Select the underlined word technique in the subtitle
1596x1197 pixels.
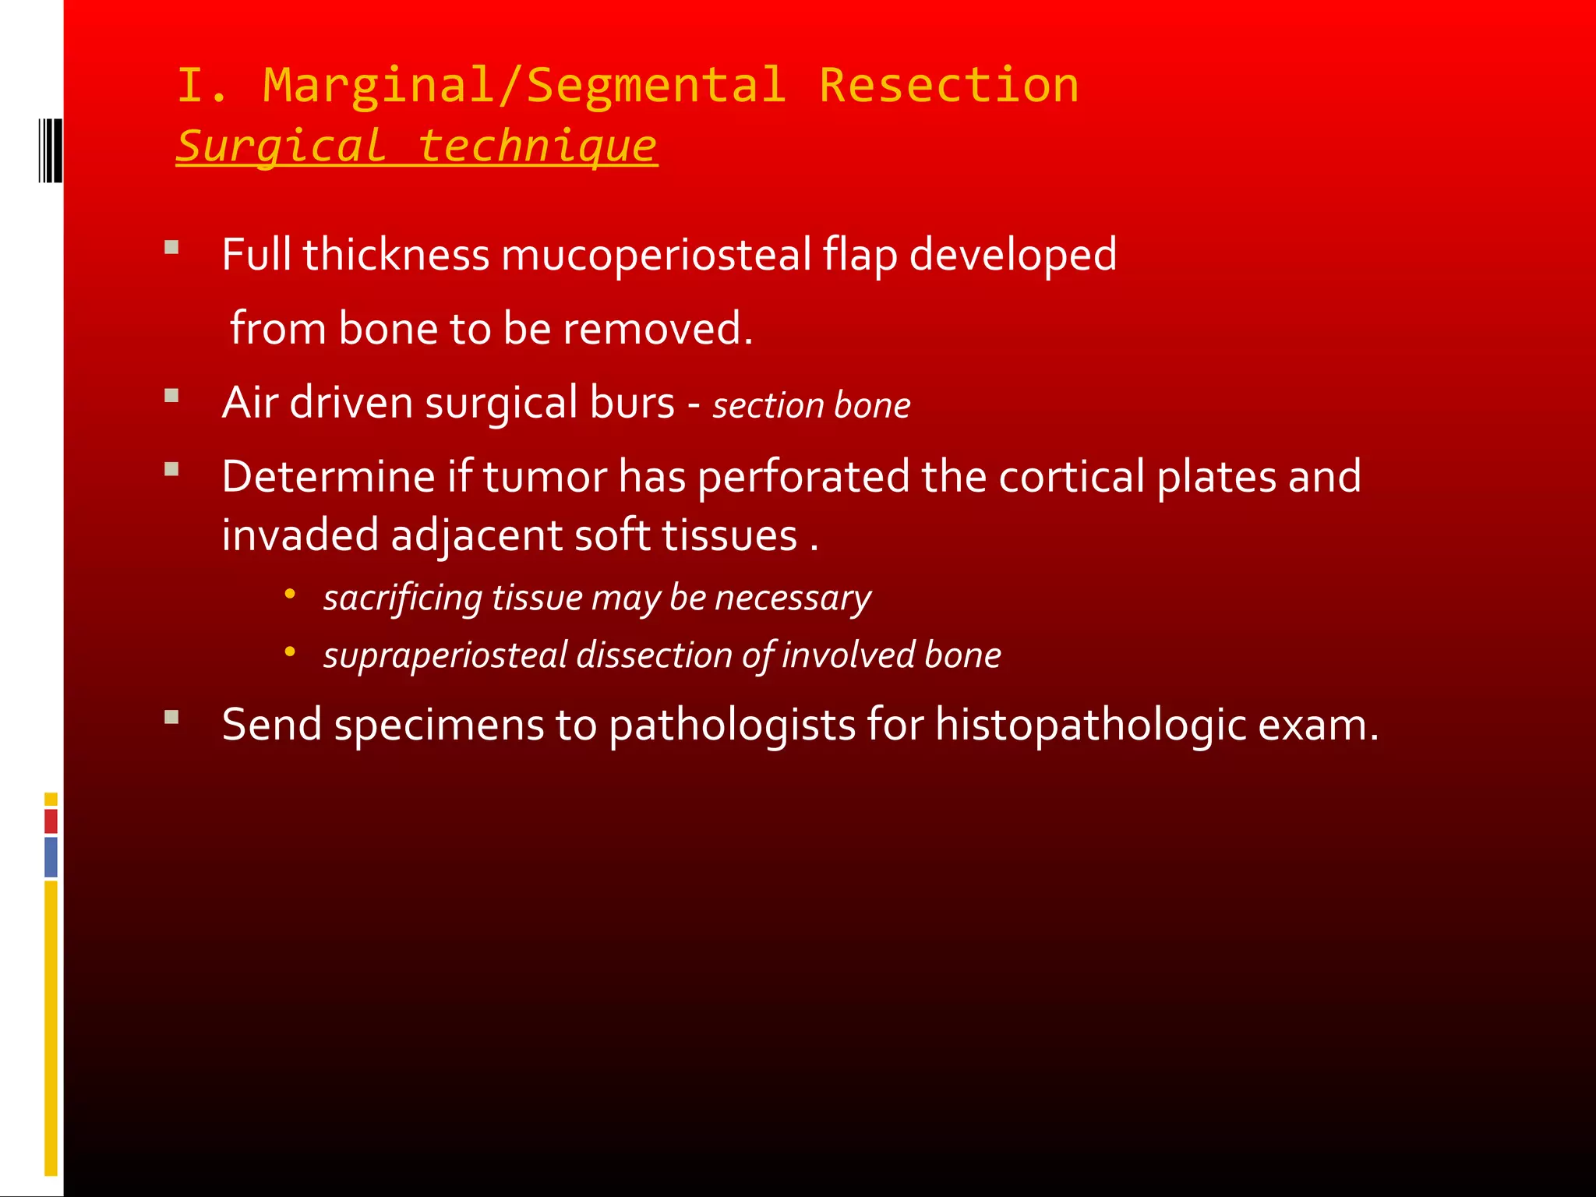coord(537,146)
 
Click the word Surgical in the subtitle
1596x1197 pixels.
coord(281,146)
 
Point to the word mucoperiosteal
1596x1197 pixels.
coord(656,255)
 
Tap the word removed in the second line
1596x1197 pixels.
coord(657,328)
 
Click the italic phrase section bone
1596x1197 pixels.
coord(811,405)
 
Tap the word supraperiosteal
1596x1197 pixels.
coord(445,655)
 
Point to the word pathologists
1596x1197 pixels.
coord(732,725)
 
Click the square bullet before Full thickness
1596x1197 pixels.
coord(172,248)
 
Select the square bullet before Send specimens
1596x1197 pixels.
coord(172,717)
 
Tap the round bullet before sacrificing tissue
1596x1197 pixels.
coord(290,594)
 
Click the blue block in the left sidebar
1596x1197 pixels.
coord(51,856)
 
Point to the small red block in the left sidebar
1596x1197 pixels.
coord(51,821)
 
